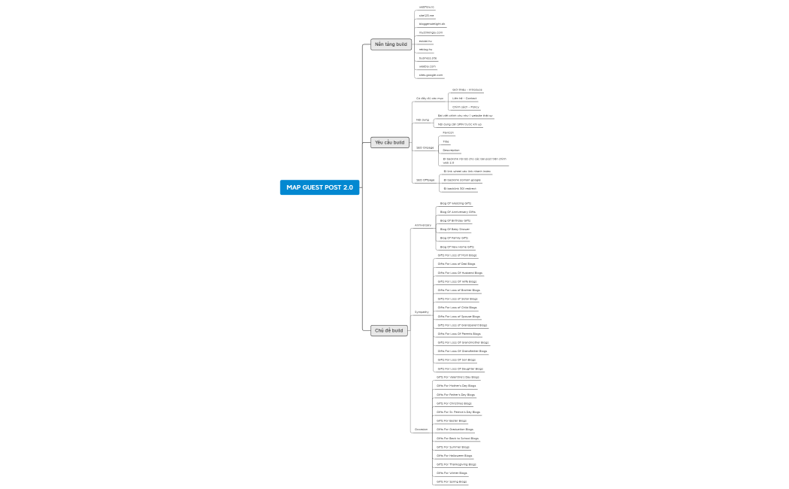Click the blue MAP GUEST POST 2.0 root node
[319, 187]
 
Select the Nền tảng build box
[391, 44]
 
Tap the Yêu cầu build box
[389, 142]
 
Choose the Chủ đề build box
[388, 330]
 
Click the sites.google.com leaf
[431, 75]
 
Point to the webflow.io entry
[426, 7]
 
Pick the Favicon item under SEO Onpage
[448, 132]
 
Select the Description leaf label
[451, 150]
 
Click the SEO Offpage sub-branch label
[425, 180]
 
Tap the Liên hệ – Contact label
[464, 98]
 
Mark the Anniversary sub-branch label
[423, 225]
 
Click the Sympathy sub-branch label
[422, 311]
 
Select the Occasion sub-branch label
[421, 430]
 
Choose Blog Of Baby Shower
[455, 229]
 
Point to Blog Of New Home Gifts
[457, 247]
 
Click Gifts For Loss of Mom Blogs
[457, 255]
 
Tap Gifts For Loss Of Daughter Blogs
[461, 369]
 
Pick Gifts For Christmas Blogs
[454, 403]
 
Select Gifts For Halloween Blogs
[455, 455]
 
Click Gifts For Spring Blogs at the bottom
[452, 481]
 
